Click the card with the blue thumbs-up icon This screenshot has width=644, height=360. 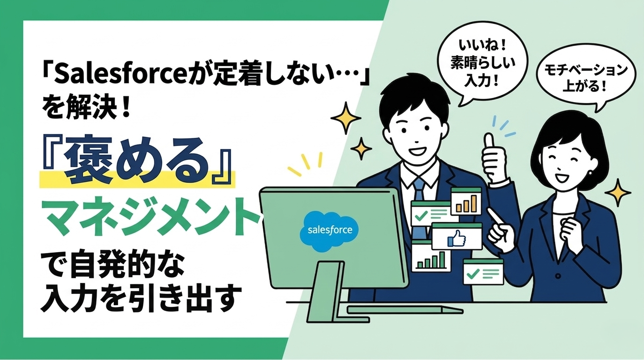click(457, 237)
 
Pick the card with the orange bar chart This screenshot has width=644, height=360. click(466, 201)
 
